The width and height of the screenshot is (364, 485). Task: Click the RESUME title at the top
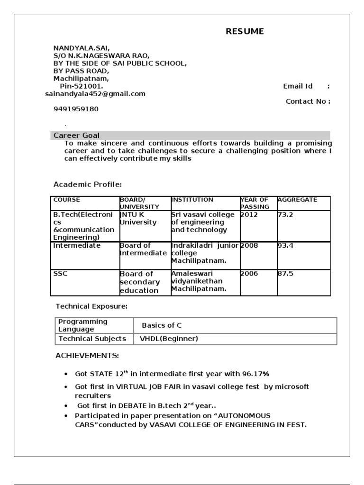pos(245,32)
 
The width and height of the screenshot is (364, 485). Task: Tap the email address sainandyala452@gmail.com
pos(95,94)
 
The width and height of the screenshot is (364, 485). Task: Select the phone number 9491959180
pos(76,109)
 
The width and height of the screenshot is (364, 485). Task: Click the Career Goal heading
pos(76,135)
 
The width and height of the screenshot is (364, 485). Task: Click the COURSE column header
pos(67,200)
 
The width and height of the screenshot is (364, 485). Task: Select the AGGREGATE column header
pos(297,200)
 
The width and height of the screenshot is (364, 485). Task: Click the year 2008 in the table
pos(250,246)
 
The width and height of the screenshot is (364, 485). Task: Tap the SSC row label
pos(60,274)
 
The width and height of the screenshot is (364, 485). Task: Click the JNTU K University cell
pos(138,218)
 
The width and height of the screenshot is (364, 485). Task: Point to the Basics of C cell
pos(162,325)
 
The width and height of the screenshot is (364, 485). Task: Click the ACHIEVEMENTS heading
pos(87,356)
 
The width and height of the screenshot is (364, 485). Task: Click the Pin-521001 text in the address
pos(81,86)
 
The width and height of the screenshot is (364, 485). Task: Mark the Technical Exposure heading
pos(92,306)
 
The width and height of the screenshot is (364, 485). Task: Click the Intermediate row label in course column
pos(77,246)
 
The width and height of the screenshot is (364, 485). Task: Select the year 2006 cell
pos(250,274)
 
